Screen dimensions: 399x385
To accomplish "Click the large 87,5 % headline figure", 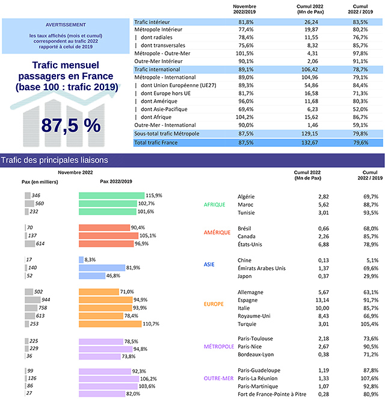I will [x=70, y=125].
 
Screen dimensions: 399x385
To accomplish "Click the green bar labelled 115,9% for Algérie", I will [x=111, y=196].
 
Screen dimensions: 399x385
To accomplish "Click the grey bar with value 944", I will [x=32, y=300].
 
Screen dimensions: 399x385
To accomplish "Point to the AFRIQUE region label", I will [x=215, y=205].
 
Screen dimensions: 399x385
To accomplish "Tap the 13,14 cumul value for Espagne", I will [x=306, y=300].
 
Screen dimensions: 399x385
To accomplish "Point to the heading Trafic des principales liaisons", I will [x=55, y=160].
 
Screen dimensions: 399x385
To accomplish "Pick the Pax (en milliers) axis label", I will [x=40, y=181].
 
